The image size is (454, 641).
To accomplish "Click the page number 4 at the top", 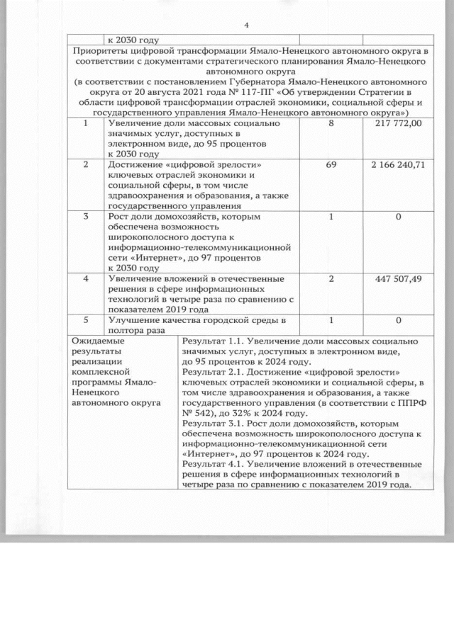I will [245, 26].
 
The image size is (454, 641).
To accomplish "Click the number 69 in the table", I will [331, 164].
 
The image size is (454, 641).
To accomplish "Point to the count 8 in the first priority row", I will [331, 123].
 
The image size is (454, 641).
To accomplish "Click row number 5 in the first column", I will [87, 320].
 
